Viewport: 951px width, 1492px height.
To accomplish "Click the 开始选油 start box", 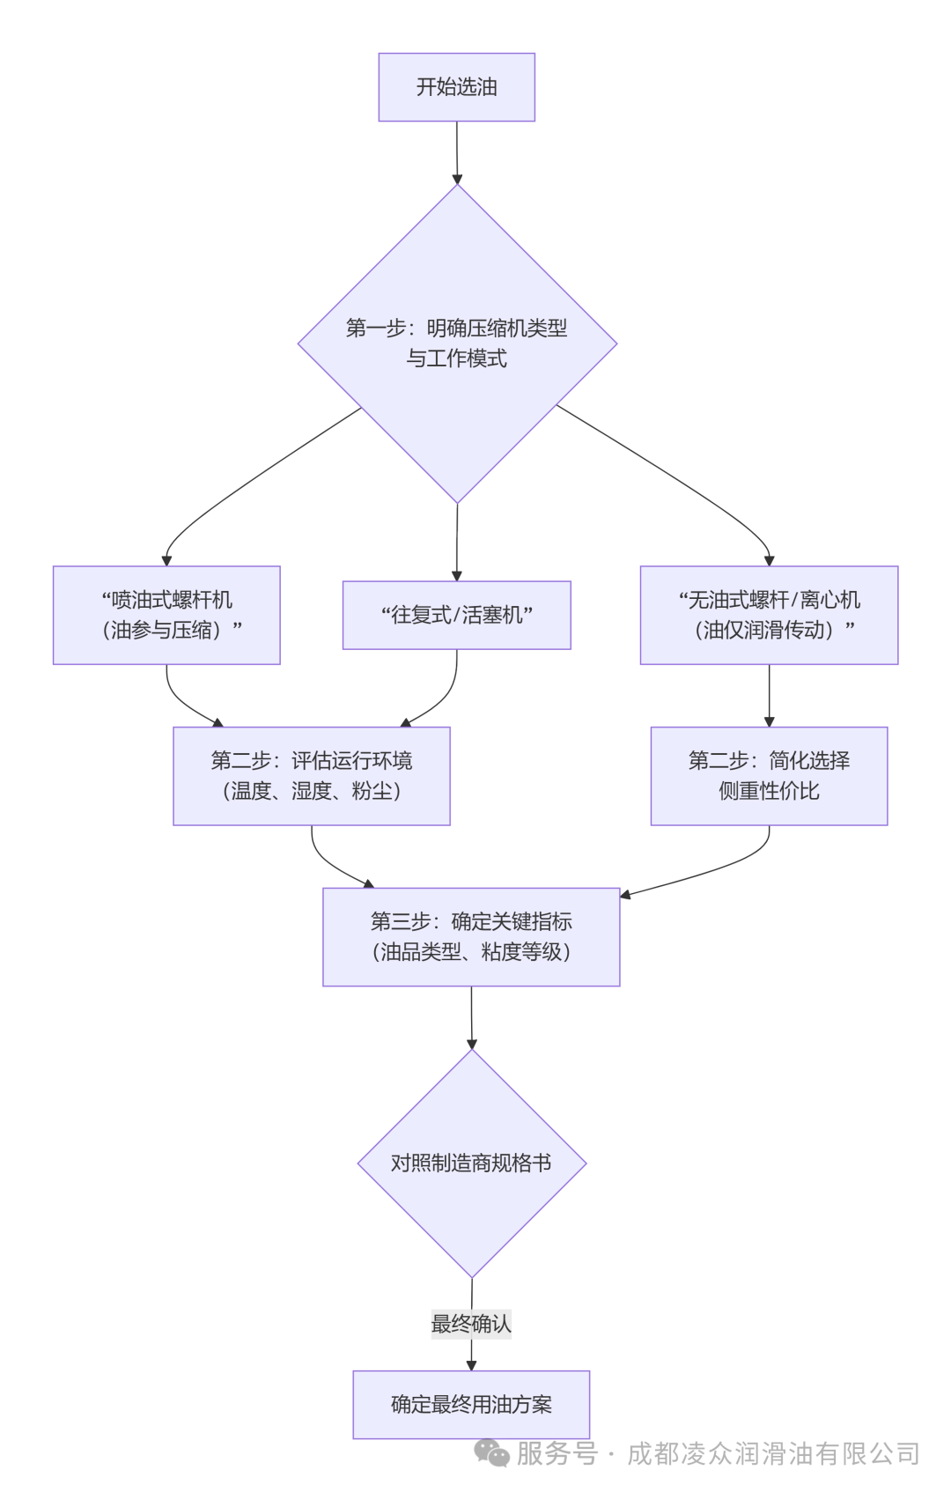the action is (x=457, y=87).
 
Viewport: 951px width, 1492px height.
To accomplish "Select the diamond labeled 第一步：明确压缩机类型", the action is (x=458, y=343).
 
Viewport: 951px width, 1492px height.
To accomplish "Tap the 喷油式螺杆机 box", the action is (x=166, y=615).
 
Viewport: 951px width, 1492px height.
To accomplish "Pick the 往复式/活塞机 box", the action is (x=457, y=615).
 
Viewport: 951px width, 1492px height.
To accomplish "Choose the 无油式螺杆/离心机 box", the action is (x=770, y=615).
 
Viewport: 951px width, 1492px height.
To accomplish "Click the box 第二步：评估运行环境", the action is (x=312, y=776).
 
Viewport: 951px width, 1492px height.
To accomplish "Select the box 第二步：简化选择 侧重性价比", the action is (x=770, y=776).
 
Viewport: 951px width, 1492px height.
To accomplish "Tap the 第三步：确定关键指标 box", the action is (x=471, y=936).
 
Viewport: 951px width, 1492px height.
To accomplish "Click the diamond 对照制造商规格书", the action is (x=472, y=1163).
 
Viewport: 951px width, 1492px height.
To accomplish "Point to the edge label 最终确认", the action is (x=471, y=1324).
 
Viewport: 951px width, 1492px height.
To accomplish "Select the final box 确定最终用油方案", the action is (x=471, y=1405).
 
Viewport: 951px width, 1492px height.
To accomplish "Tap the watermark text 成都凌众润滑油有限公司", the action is (x=773, y=1453).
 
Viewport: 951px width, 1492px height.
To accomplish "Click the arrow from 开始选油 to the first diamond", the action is (x=457, y=152).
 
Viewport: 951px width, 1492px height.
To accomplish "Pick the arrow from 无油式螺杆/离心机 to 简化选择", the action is (x=770, y=696).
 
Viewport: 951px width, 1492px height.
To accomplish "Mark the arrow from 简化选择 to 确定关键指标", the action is (x=726, y=867).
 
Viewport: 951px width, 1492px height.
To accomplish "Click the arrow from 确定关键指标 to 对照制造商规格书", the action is (x=471, y=1018).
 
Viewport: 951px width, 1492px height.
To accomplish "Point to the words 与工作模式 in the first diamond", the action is (x=457, y=358).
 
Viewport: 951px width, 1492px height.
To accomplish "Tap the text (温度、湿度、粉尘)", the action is (x=312, y=791).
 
